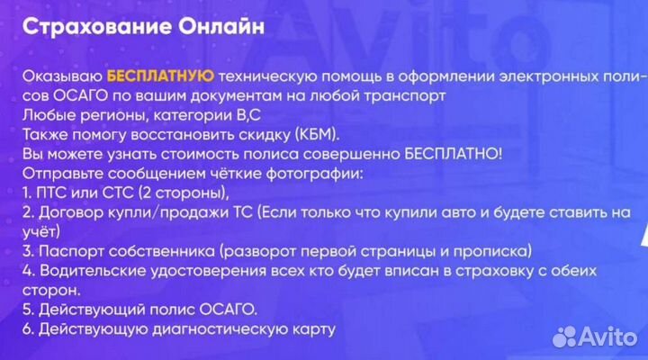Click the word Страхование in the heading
pos(96,27)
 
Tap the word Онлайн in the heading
pos(221,27)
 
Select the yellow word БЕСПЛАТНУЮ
pos(161,76)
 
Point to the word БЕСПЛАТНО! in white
pos(454,154)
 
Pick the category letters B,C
pos(248,115)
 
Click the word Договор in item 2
pos(71,212)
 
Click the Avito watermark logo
pos(595,337)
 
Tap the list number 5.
pos(28,310)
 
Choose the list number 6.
pos(28,329)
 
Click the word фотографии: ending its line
pos(314,174)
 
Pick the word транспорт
pos(405,96)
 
